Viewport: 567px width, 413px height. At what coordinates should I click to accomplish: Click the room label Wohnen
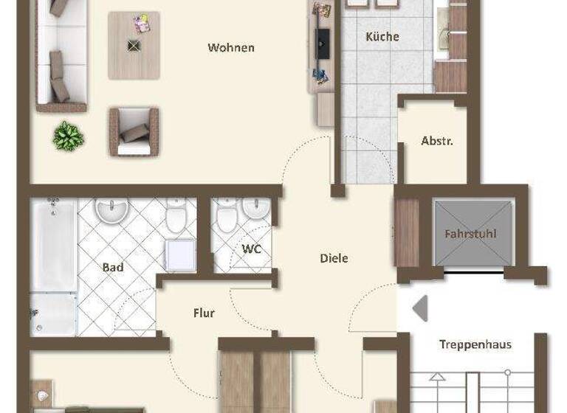[x=231, y=48]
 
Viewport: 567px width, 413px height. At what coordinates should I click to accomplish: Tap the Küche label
[x=382, y=37]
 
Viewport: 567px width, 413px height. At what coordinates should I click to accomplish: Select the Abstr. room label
[x=436, y=141]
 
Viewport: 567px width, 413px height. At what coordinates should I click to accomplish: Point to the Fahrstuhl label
[x=470, y=235]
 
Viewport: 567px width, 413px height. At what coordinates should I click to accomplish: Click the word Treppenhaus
[x=475, y=344]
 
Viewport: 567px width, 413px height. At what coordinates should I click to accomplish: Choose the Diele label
[x=334, y=258]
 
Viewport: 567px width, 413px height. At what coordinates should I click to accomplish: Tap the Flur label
[x=204, y=313]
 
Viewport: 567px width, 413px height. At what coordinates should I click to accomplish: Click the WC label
[x=252, y=249]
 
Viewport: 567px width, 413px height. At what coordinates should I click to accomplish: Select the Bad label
[x=113, y=267]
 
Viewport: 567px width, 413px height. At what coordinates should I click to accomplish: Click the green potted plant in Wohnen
[x=68, y=136]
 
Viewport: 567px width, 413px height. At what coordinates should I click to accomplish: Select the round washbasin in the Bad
[x=112, y=211]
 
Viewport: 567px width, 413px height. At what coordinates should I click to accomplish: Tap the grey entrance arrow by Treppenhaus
[x=420, y=308]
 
